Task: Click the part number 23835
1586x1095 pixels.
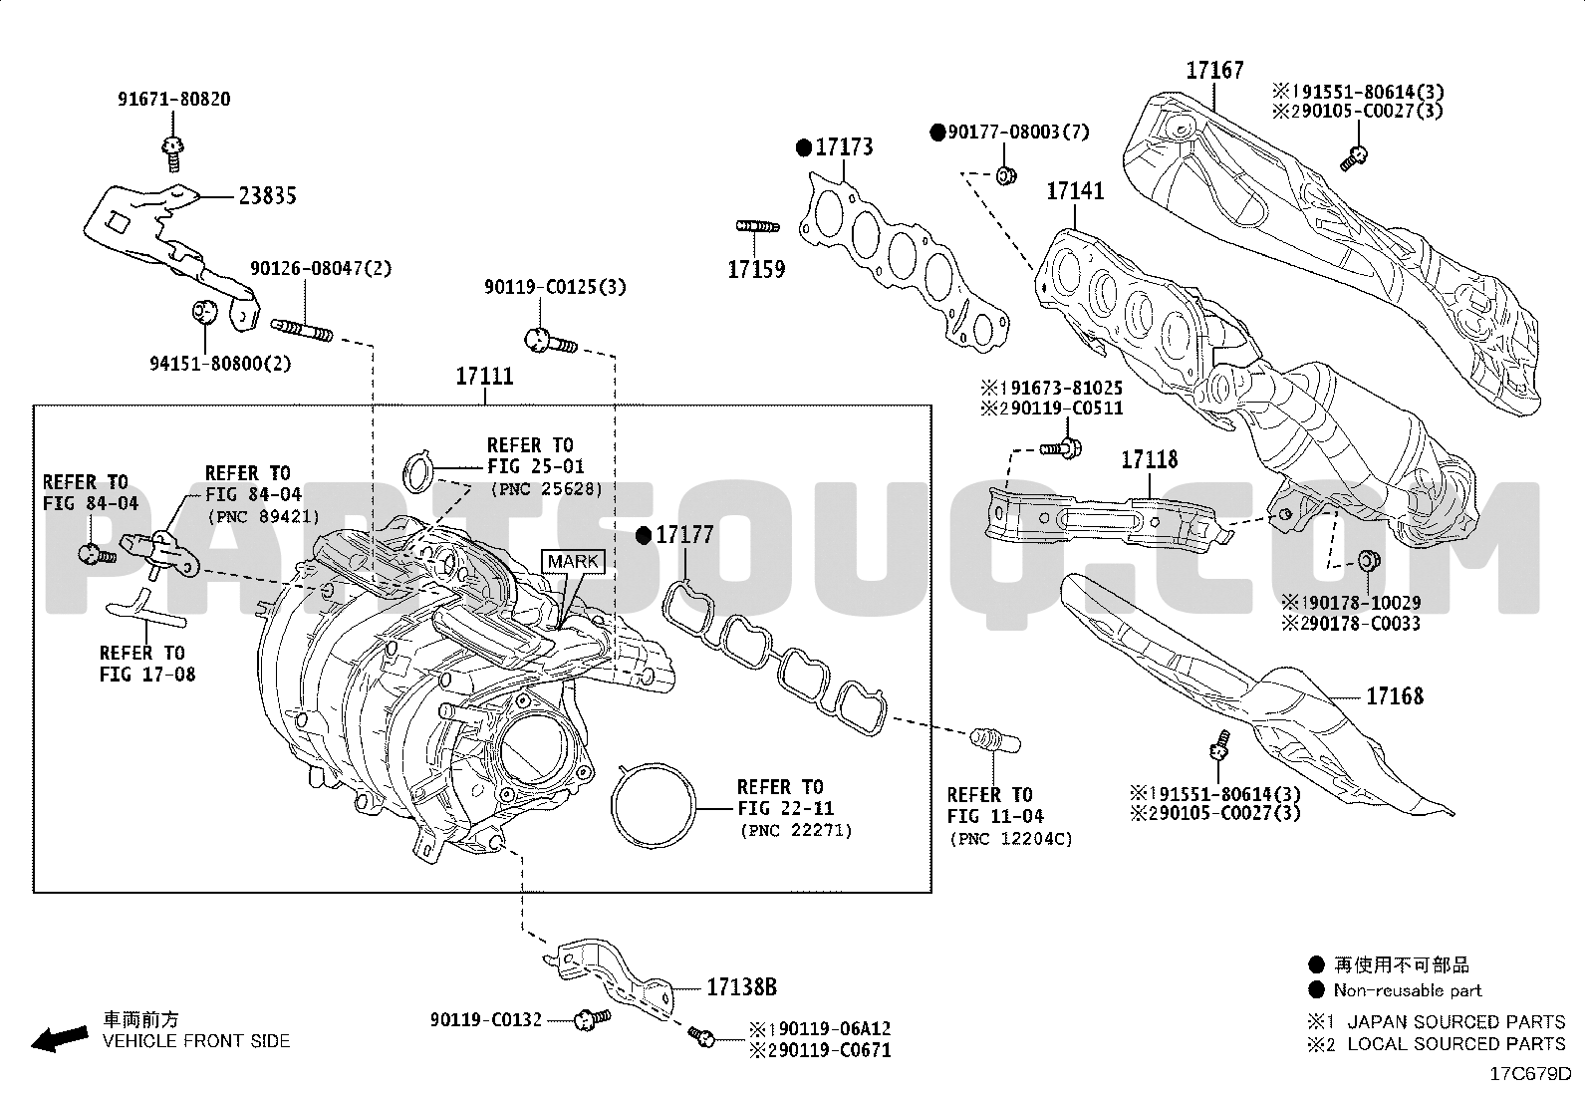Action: point(267,195)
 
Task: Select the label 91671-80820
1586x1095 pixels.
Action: point(174,100)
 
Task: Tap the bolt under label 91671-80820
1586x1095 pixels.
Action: point(172,153)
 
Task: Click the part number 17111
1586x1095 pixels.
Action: point(484,376)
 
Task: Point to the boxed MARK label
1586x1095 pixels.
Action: point(574,562)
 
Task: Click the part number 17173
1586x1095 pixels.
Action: point(844,147)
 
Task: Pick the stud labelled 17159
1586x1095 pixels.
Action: point(757,226)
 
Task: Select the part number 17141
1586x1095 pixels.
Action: point(1075,191)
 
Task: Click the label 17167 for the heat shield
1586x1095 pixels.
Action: point(1215,70)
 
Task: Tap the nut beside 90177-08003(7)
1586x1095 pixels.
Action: point(1006,175)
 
